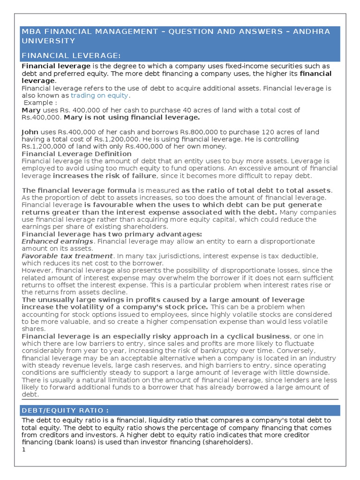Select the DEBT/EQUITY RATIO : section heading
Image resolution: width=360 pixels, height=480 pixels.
pos(65,411)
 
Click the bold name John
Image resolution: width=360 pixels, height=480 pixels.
pos(30,132)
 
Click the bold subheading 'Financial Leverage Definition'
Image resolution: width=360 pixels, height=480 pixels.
pos(77,154)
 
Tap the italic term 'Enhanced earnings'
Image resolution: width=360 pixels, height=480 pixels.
pos(57,241)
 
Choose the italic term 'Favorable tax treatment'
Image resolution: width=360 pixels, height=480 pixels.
pos(67,256)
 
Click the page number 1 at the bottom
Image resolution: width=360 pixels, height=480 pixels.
pos(24,450)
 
